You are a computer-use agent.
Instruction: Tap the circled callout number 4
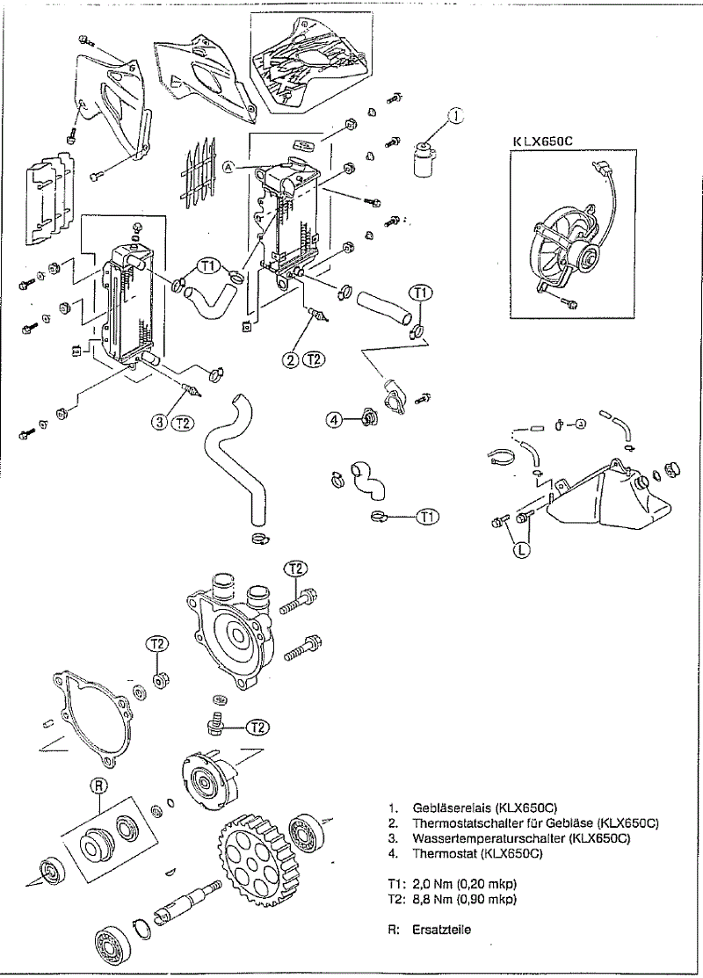[334, 420]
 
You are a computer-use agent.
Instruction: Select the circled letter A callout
[229, 167]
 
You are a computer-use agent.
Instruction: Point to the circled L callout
[523, 551]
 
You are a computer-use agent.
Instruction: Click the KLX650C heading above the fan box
[544, 141]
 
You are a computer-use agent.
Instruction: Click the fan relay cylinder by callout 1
[423, 161]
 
